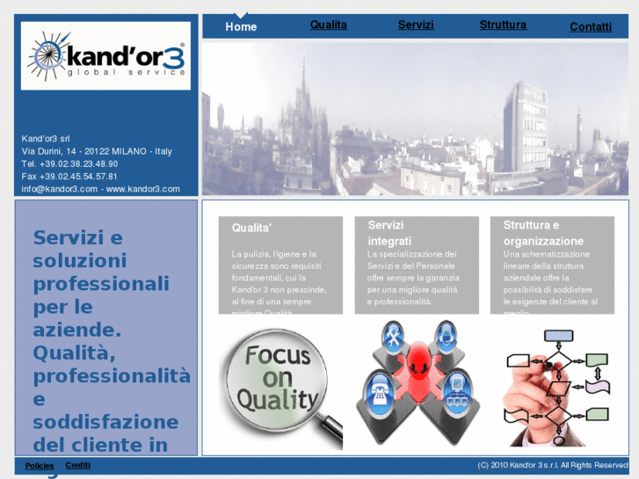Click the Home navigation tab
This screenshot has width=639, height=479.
241,27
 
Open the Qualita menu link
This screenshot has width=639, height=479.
329,25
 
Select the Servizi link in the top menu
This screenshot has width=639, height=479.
416,25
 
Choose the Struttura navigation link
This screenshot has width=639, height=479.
503,25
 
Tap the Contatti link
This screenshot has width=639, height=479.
591,27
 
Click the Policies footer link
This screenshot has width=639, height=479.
40,466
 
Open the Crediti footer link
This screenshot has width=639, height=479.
77,465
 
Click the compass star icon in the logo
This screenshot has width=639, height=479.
47,56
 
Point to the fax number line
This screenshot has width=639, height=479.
69,176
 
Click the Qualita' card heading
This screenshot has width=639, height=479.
251,228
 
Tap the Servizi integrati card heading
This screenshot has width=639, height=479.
389,233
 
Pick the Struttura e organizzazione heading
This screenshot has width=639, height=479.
543,233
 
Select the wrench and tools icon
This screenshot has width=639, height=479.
392,335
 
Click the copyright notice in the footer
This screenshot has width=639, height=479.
553,465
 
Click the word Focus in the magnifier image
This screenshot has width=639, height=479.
277,356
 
